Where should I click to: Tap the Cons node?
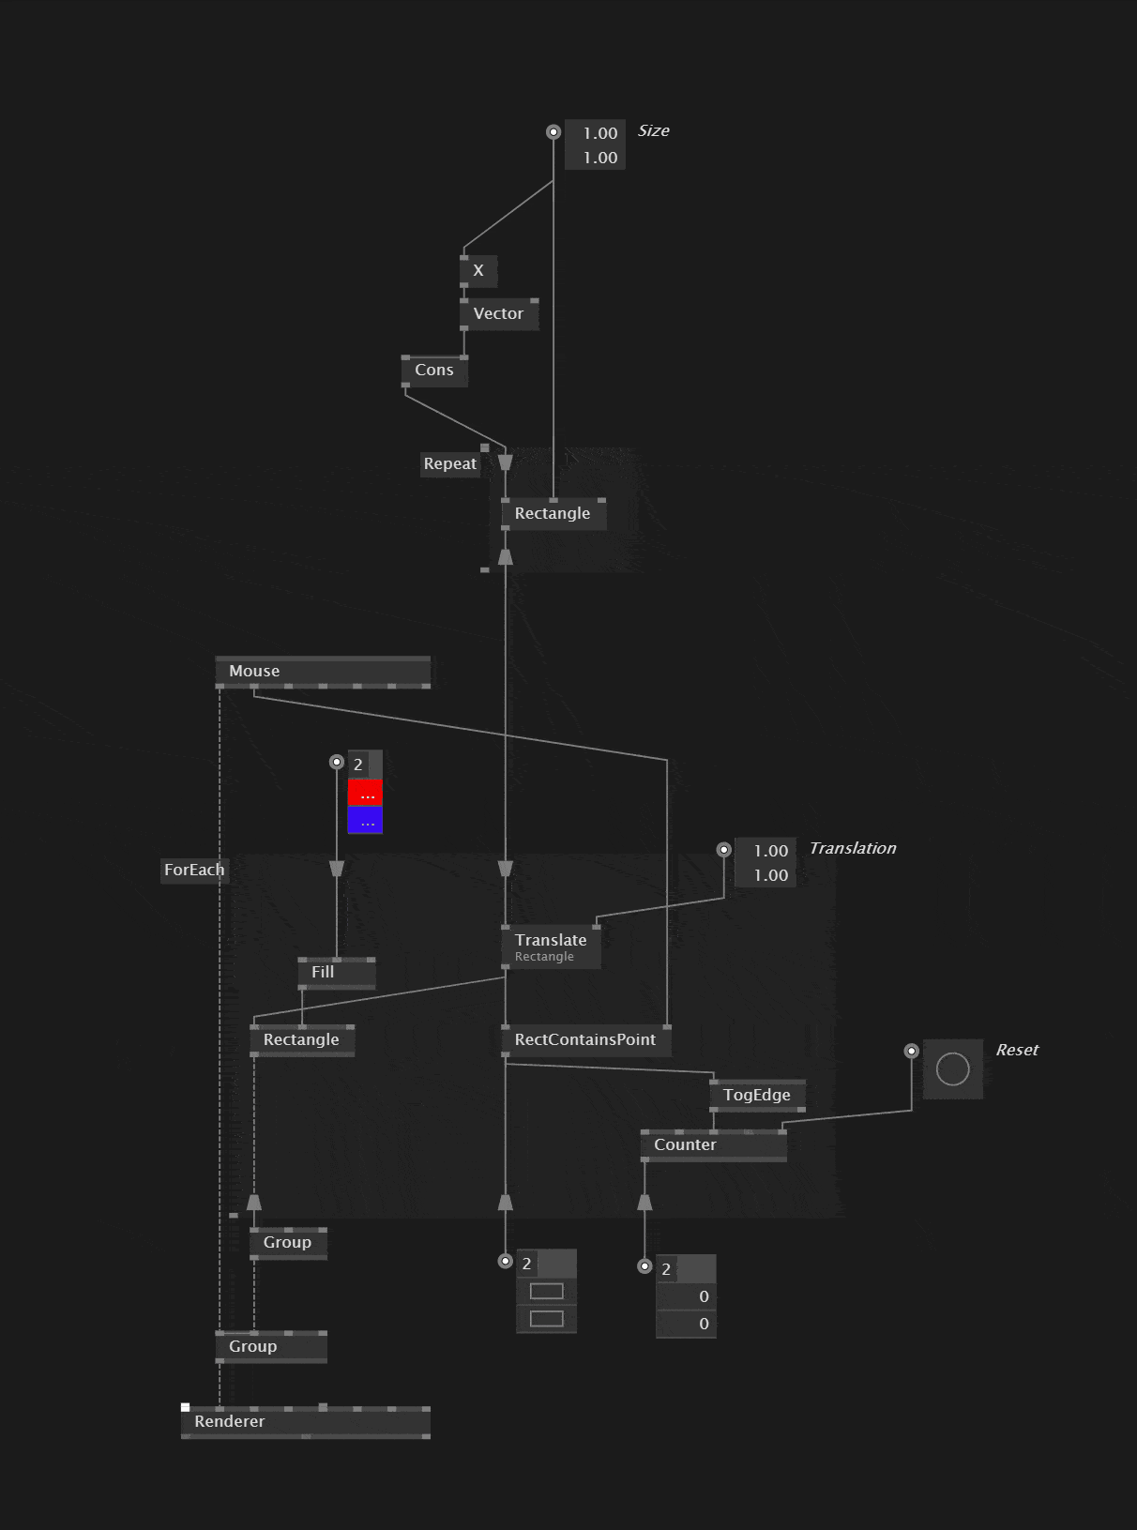point(434,371)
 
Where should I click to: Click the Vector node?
point(498,314)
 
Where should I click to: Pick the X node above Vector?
point(478,271)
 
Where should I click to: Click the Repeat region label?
point(450,464)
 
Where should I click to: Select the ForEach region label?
point(194,871)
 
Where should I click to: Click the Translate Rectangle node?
point(551,947)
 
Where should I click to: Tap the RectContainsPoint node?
point(585,1040)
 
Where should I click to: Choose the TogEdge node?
point(756,1096)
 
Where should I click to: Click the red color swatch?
point(365,794)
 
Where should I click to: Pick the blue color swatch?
point(365,821)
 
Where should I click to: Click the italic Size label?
point(654,131)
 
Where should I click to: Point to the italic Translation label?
point(852,849)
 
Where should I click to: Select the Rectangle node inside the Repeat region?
point(553,514)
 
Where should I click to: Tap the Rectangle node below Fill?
point(301,1040)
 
